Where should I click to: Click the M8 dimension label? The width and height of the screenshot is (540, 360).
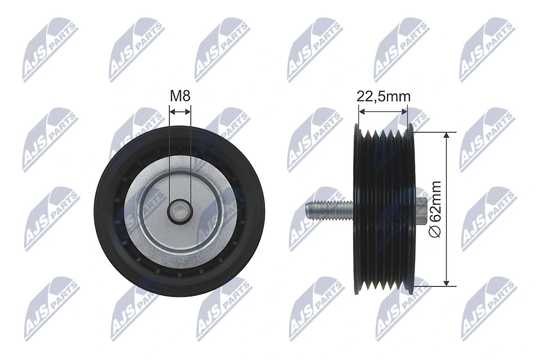click(180, 96)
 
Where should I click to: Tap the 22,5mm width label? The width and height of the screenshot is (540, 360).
click(384, 96)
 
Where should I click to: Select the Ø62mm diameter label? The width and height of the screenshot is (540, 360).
click(435, 208)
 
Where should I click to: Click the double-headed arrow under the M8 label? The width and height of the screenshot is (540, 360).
click(180, 112)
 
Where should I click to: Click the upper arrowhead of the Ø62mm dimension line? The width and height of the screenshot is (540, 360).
click(447, 137)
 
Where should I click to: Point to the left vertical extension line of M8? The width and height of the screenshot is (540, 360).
click(169, 157)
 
